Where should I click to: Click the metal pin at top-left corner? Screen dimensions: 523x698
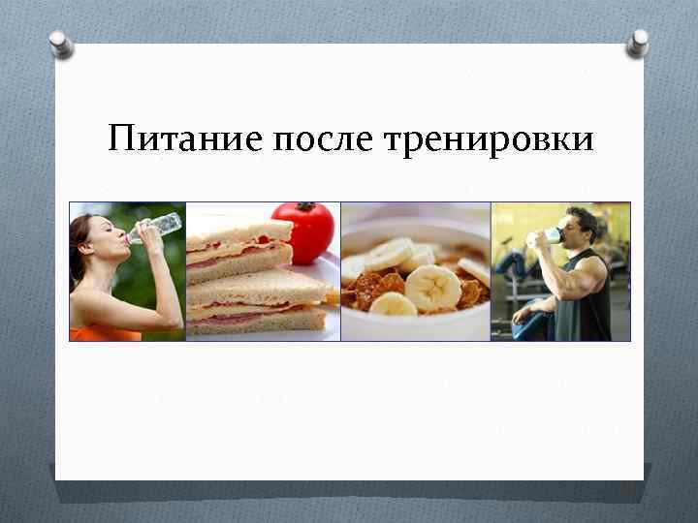(61, 43)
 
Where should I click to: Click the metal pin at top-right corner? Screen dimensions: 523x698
(637, 42)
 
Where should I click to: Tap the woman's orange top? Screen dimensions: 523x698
(101, 333)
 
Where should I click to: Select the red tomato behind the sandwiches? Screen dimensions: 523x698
(302, 232)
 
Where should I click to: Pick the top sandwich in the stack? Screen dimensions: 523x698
(238, 248)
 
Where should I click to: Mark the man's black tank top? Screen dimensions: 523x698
(593, 310)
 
